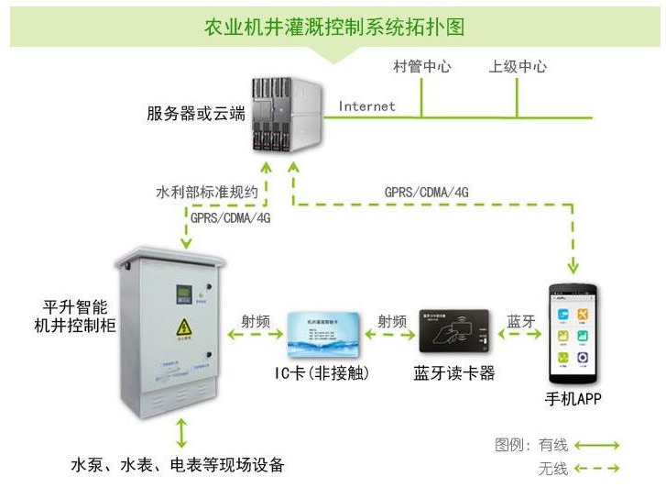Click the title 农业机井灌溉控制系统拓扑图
click(333, 26)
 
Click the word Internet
click(366, 106)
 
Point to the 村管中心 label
click(421, 67)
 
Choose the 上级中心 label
click(518, 67)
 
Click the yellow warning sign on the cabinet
click(183, 327)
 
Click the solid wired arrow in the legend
click(597, 446)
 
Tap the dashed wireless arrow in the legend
click(597, 470)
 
